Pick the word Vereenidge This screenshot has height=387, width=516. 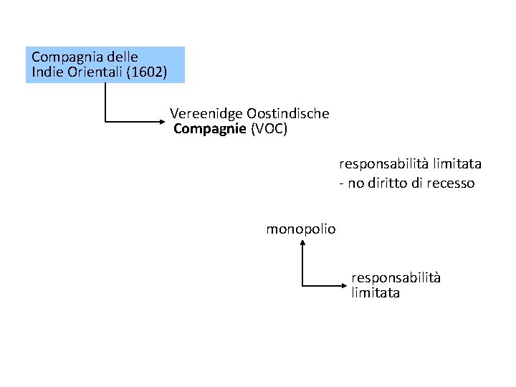click(206, 113)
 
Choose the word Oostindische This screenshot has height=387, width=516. click(288, 113)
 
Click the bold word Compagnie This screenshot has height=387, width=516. click(210, 129)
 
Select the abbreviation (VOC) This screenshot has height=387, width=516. click(269, 129)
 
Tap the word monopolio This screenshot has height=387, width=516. click(301, 229)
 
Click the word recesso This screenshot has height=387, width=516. click(451, 183)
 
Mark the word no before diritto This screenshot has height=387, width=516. click(355, 183)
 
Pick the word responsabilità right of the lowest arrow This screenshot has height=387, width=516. click(396, 277)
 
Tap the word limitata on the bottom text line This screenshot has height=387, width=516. click(376, 293)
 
